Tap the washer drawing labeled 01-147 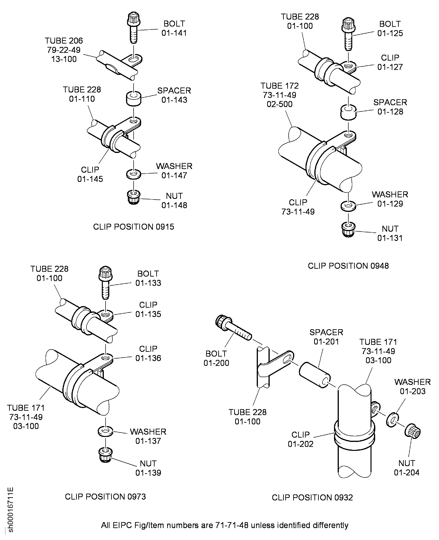(x=134, y=174)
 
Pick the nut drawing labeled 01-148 (x=134, y=197)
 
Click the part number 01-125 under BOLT (x=390, y=33)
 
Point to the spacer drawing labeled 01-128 (x=348, y=113)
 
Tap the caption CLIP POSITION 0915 (x=134, y=227)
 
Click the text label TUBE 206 (x=64, y=41)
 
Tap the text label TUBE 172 (x=279, y=86)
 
